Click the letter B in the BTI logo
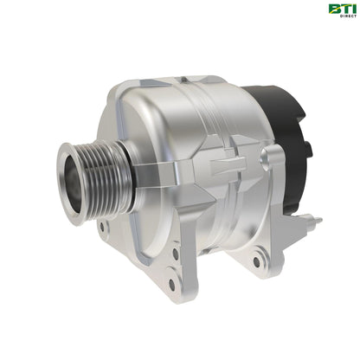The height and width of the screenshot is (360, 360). pyautogui.click(x=333, y=10)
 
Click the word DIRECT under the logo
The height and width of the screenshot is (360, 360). pyautogui.click(x=343, y=18)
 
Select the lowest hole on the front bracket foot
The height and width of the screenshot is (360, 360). pyautogui.click(x=171, y=283)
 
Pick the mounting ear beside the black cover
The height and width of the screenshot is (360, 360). pyautogui.click(x=275, y=161)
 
